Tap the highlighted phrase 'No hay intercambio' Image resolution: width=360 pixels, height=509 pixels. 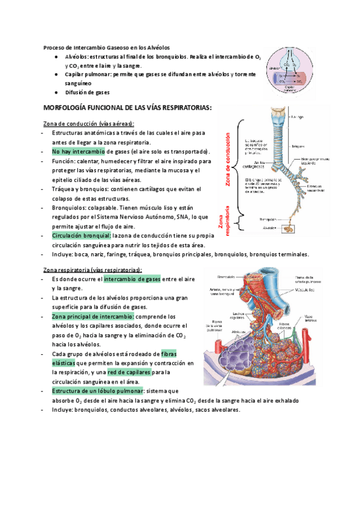pos(78,151)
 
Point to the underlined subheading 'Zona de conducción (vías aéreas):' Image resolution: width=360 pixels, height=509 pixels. pos(88,124)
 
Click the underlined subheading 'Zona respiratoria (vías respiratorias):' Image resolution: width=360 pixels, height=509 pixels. pos(92,270)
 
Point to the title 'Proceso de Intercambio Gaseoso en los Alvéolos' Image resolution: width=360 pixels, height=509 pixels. pos(107,47)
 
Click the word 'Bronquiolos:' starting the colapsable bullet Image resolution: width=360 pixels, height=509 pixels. pos(69,208)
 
